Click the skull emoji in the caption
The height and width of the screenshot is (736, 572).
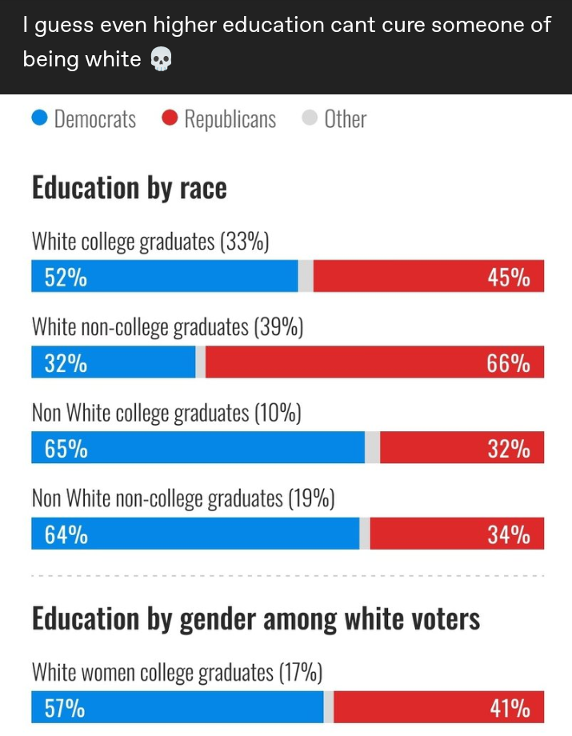pos(161,60)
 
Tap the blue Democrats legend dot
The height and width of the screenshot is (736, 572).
pos(40,119)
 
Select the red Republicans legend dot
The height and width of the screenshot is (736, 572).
pos(170,119)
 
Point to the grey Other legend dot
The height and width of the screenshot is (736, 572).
pos(310,119)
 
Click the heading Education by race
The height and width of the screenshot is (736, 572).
pos(129,187)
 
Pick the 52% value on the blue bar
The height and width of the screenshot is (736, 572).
pos(66,278)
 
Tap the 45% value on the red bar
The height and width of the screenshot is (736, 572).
pos(508,278)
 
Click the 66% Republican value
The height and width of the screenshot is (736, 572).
pos(508,363)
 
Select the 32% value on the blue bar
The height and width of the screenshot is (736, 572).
pos(66,363)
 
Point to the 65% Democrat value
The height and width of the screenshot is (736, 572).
pos(66,449)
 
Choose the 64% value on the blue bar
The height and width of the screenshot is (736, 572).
pos(66,534)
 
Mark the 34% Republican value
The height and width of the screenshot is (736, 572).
pos(508,534)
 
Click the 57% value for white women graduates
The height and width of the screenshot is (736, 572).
pos(64,708)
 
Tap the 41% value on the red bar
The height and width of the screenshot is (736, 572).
pos(508,708)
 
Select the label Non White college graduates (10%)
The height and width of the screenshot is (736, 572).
pos(166,413)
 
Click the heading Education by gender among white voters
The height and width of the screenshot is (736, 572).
pos(256,619)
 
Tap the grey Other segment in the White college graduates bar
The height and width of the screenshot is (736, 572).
pos(306,277)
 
